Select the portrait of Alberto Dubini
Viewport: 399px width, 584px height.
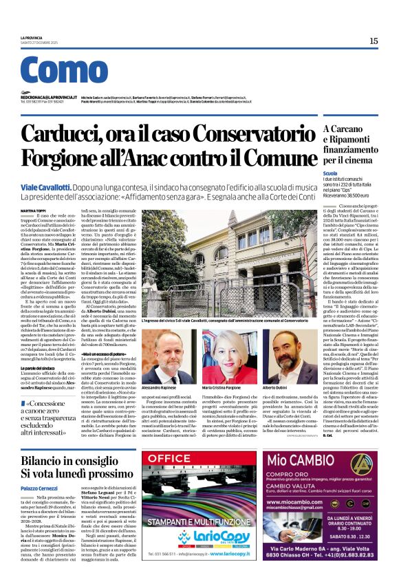click(x=280, y=356)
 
